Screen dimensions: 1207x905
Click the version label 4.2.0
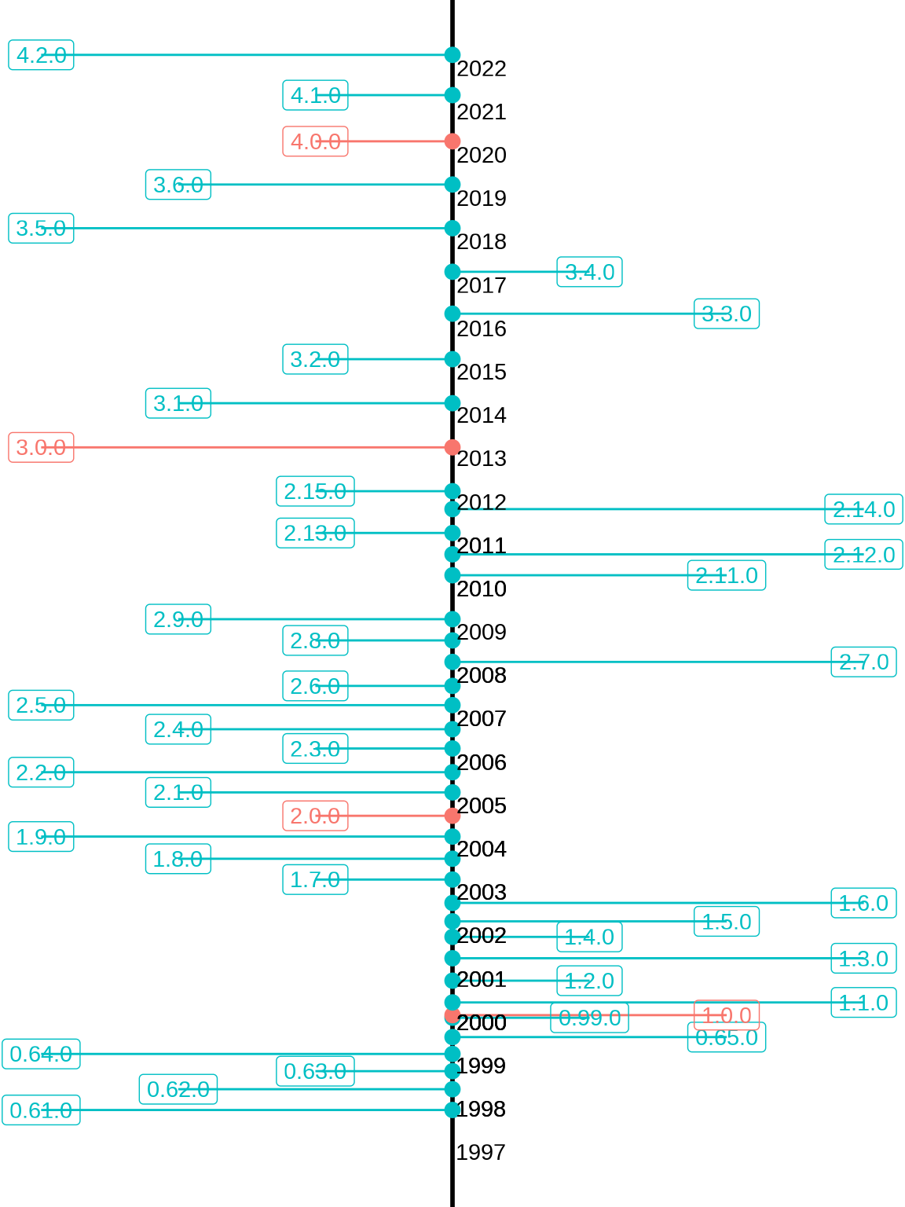click(x=41, y=55)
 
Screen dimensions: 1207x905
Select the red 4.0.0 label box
click(x=315, y=141)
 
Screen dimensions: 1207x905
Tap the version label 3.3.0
click(x=727, y=314)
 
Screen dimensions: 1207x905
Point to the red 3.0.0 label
click(x=41, y=447)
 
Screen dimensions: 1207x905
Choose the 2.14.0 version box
click(x=863, y=509)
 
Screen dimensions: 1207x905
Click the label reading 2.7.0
click(x=863, y=662)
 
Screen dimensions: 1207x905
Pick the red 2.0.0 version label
click(x=315, y=816)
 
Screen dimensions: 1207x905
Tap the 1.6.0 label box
click(x=863, y=903)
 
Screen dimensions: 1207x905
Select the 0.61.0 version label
click(x=41, y=1110)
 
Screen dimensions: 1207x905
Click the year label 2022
click(x=482, y=69)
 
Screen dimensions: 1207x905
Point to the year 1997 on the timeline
click(x=481, y=1152)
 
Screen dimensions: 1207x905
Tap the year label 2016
click(x=482, y=328)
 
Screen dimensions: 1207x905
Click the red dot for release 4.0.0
click(x=452, y=141)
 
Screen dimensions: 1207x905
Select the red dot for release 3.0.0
click(x=452, y=447)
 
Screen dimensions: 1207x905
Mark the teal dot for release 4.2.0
click(x=452, y=55)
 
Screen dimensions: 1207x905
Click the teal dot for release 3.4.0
click(x=452, y=272)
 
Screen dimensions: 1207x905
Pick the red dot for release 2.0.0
click(x=452, y=816)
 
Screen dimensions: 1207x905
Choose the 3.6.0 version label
click(x=178, y=185)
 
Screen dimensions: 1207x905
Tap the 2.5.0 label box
click(x=41, y=705)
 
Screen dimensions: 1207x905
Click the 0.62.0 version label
click(x=178, y=1089)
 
